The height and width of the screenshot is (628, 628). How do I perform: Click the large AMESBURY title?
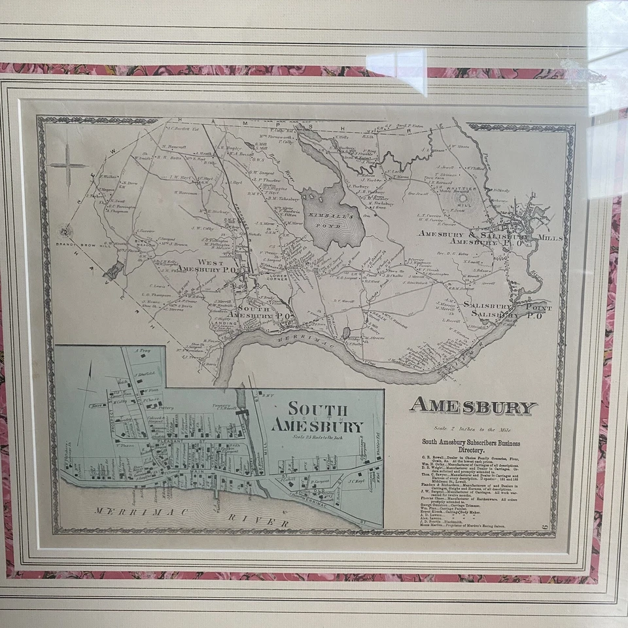(x=473, y=406)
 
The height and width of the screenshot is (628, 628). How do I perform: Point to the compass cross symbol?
(x=68, y=165)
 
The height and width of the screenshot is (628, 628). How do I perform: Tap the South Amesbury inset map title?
(x=317, y=417)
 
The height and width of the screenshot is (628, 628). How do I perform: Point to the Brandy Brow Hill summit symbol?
(x=64, y=230)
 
